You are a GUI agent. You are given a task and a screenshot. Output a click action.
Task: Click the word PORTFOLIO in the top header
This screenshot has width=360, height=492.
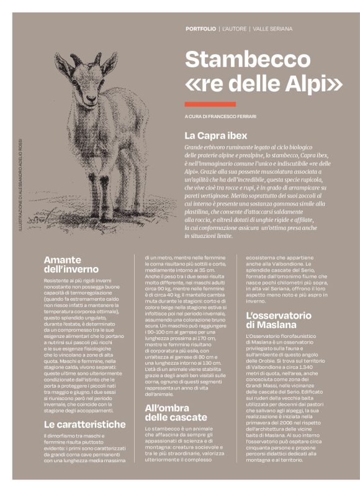(200, 29)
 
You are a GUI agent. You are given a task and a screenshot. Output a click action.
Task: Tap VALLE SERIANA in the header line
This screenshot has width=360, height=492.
(272, 29)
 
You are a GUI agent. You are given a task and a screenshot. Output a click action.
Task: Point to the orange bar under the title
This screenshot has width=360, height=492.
(210, 104)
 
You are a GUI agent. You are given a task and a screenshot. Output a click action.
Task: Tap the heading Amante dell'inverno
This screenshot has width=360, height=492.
(71, 264)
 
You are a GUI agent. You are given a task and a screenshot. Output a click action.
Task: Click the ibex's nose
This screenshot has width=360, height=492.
(91, 99)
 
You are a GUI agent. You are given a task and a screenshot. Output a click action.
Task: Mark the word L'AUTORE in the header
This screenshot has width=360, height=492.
(235, 29)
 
